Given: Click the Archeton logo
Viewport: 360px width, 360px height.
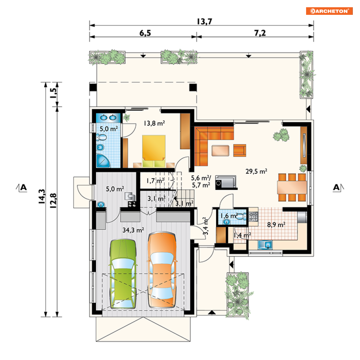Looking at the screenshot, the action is [x=329, y=11].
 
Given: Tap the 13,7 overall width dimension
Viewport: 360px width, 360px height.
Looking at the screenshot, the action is [x=204, y=22].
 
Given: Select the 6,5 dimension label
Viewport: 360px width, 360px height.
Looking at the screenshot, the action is [x=145, y=33].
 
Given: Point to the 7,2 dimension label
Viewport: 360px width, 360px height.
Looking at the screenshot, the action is [x=260, y=33].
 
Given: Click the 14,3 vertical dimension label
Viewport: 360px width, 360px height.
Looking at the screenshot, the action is [x=42, y=196].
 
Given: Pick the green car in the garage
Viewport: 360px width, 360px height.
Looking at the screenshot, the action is [x=123, y=274].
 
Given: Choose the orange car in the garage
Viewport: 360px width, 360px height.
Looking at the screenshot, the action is [x=162, y=270].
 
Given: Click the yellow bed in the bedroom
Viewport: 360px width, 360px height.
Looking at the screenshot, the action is [x=154, y=151].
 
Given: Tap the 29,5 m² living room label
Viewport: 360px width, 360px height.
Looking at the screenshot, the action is [x=256, y=171].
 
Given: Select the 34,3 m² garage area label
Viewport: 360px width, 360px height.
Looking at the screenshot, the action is [x=133, y=230].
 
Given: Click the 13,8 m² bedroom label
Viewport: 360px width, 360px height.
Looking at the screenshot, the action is [x=154, y=123].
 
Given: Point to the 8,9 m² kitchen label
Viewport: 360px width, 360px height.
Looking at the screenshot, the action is [x=276, y=225].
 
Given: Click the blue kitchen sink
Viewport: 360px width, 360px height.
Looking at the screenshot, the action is [x=265, y=245].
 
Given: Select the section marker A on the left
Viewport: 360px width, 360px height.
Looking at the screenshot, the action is [x=22, y=187].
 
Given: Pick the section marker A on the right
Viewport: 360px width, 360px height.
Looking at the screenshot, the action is [x=338, y=187].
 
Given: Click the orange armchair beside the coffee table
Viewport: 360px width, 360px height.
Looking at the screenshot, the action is [x=240, y=151].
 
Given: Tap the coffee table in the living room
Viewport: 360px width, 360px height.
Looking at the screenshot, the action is [x=220, y=151].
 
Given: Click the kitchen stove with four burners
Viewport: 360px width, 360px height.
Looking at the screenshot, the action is [x=254, y=216].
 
